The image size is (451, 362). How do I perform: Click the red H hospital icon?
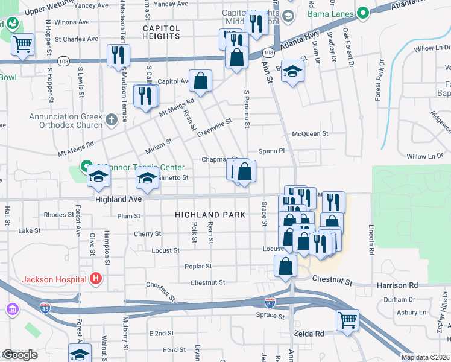click(x=95, y=279)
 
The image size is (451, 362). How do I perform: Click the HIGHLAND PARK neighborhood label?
click(x=210, y=215)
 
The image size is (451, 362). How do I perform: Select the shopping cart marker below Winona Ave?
click(x=23, y=44)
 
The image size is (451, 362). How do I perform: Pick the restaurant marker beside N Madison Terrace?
click(x=118, y=55)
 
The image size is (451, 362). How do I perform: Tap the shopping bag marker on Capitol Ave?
click(x=201, y=80)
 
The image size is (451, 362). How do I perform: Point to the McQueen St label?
click(x=309, y=133)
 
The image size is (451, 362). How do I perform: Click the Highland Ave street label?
click(x=118, y=198)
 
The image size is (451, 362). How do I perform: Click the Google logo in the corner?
click(x=19, y=355)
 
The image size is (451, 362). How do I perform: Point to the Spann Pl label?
click(x=271, y=150)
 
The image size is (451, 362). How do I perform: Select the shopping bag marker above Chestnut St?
click(x=285, y=266)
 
